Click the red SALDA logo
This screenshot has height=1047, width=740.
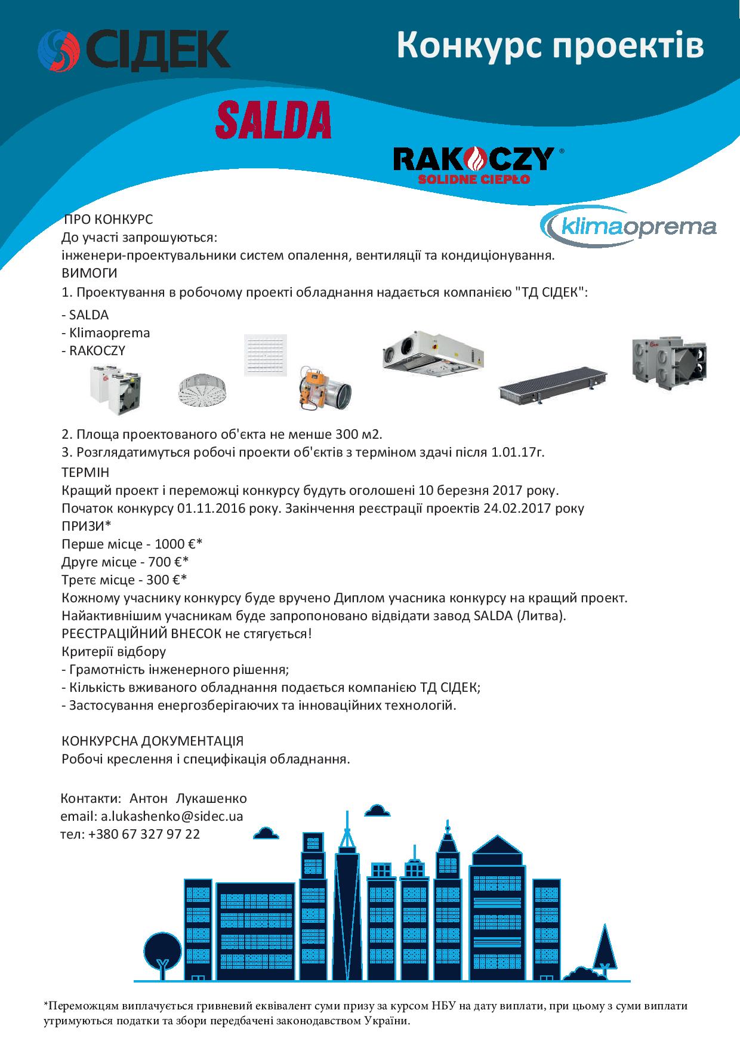[x=273, y=119]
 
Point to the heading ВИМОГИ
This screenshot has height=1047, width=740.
[x=90, y=273]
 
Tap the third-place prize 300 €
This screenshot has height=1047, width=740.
[x=169, y=580]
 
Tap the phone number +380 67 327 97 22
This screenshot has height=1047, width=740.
[x=143, y=834]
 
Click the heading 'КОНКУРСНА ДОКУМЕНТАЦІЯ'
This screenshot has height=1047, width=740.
[x=153, y=741]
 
